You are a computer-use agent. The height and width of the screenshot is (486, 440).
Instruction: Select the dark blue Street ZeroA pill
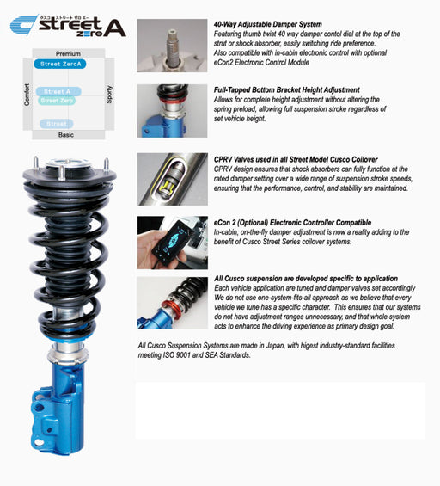(59, 64)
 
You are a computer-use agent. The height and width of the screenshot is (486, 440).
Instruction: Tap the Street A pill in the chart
(58, 91)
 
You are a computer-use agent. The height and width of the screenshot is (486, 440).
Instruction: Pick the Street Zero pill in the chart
(57, 101)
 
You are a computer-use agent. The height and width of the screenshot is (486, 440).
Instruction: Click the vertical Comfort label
(28, 95)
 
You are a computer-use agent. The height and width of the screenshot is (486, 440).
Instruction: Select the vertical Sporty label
(109, 94)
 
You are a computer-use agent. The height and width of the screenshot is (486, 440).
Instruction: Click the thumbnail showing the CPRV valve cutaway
(172, 179)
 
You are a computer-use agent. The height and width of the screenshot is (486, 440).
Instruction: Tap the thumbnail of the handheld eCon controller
(172, 243)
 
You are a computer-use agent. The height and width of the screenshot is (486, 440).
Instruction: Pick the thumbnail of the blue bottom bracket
(172, 110)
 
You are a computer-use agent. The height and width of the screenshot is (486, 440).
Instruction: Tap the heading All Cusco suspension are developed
(304, 279)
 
